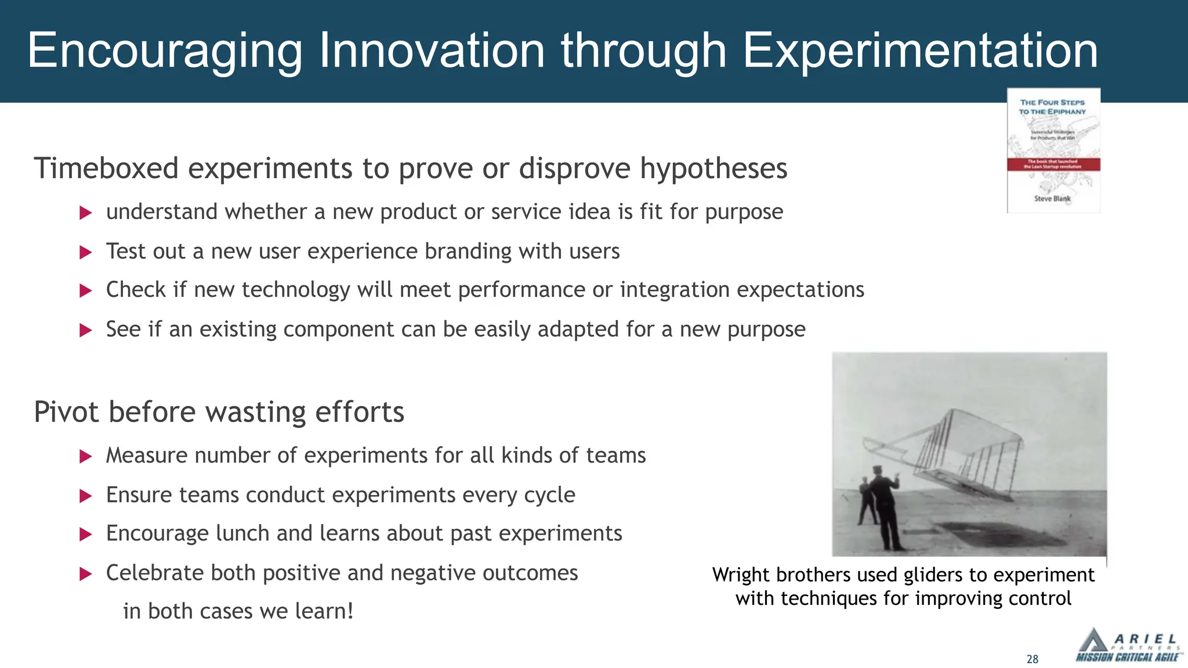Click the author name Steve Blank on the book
pos(1052,198)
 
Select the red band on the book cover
pos(1053,164)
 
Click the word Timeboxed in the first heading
pos(106,169)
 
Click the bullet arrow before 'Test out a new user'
pos(86,252)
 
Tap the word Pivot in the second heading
pos(66,412)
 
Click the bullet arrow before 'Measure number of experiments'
pos(86,457)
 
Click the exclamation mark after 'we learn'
pos(350,611)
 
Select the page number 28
pos(1032,659)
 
